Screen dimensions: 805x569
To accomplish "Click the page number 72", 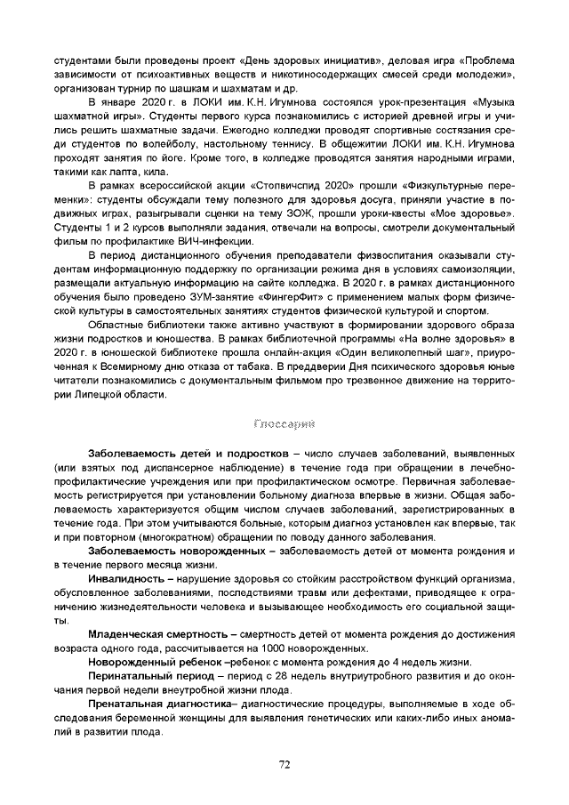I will [x=284, y=763].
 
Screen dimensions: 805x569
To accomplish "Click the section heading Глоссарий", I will [x=284, y=424].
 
